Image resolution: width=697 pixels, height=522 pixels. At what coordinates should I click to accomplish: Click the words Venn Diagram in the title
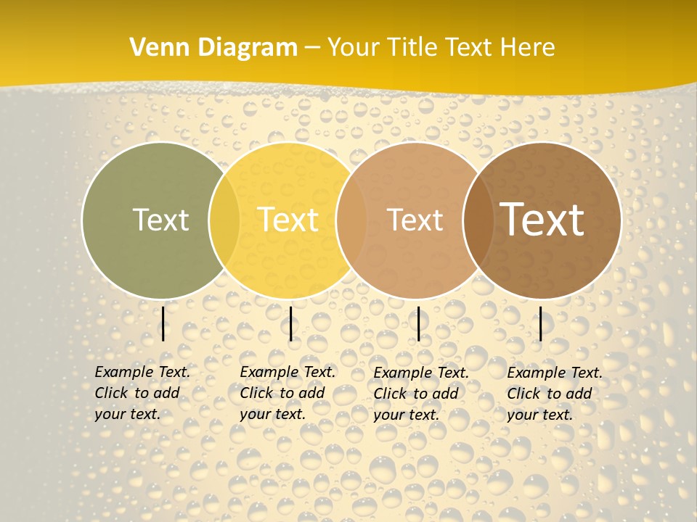(x=213, y=47)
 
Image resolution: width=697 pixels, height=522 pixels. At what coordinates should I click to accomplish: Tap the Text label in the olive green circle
(x=160, y=220)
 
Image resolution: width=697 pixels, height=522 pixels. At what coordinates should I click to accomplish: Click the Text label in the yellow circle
(x=288, y=220)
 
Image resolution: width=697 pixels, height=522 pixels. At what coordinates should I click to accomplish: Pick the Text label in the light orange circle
(x=415, y=220)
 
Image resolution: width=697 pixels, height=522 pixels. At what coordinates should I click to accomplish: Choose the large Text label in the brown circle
(x=542, y=220)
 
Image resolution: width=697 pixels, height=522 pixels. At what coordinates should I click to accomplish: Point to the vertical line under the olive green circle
(x=163, y=323)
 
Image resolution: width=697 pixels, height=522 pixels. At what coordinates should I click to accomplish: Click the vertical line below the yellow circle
(x=290, y=323)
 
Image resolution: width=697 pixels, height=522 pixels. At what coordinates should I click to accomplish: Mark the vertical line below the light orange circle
(x=418, y=323)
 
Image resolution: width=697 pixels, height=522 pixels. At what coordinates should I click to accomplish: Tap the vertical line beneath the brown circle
(x=541, y=323)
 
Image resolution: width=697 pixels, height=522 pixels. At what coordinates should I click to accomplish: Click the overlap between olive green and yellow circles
(x=224, y=220)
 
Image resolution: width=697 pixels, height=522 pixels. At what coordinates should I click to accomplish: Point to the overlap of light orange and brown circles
(x=478, y=220)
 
